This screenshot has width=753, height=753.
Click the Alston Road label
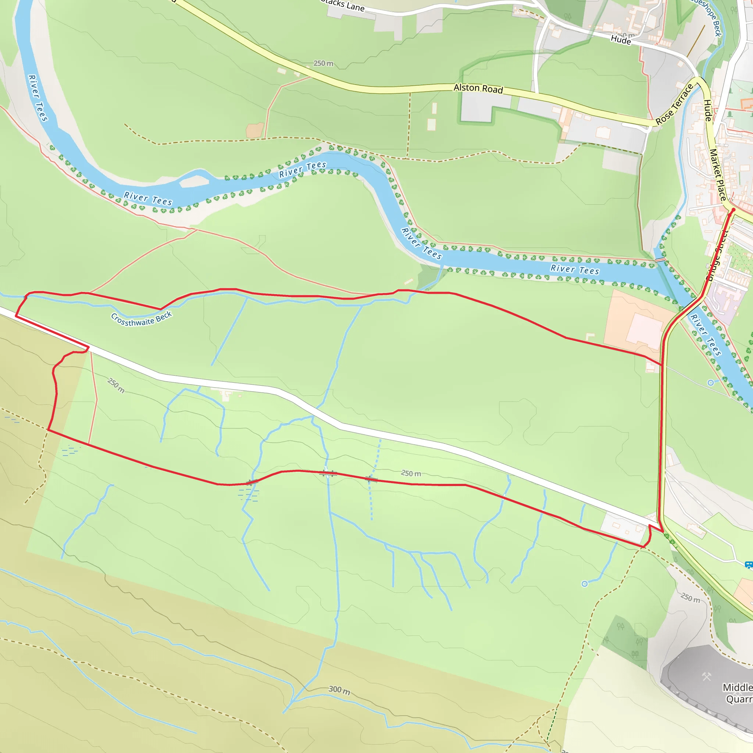click(478, 89)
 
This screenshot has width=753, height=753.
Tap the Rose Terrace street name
click(675, 104)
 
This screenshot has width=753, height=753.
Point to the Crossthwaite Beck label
click(142, 319)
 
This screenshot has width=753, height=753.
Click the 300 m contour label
click(339, 690)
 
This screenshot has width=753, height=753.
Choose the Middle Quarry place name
click(738, 693)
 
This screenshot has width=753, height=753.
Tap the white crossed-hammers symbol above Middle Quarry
click(707, 677)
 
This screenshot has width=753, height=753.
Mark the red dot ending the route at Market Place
click(733, 210)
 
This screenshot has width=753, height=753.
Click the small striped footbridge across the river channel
click(660, 260)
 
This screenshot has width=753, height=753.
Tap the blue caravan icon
click(748, 564)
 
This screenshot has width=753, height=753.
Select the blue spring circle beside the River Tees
click(710, 383)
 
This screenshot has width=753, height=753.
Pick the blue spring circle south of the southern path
click(585, 584)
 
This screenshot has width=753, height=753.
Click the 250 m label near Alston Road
click(324, 63)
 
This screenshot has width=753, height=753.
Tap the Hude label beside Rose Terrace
click(707, 111)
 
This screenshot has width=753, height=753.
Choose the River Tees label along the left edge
click(38, 98)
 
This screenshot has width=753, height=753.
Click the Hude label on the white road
click(621, 40)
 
